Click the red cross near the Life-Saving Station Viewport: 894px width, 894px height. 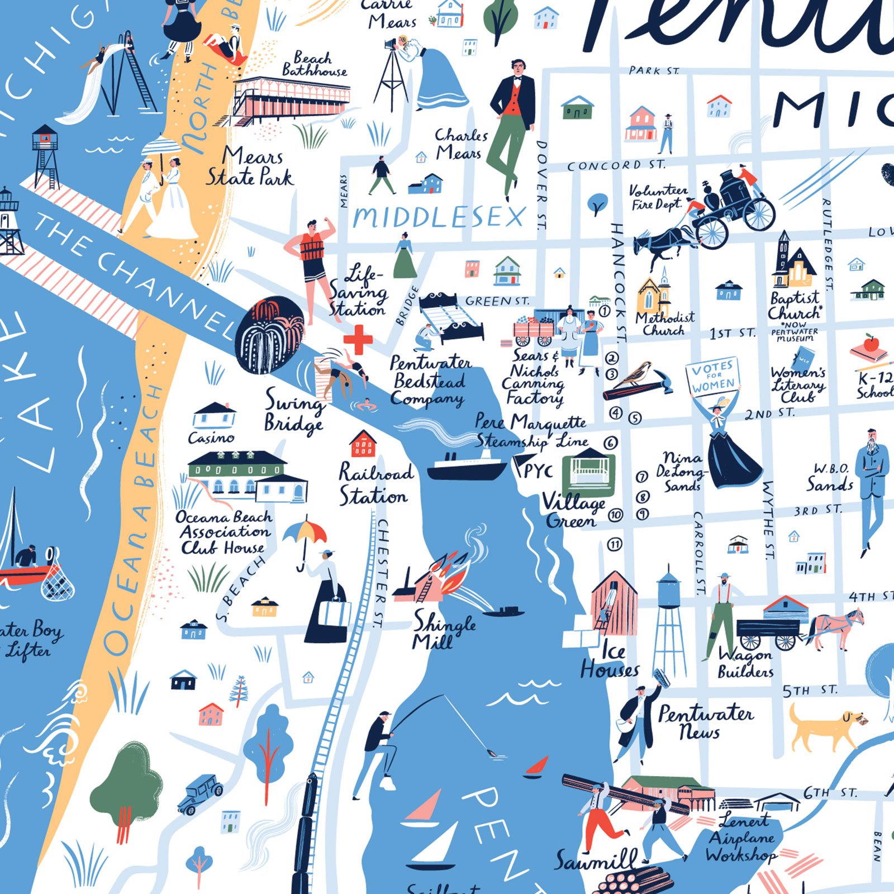(x=358, y=340)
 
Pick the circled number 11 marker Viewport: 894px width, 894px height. (x=615, y=544)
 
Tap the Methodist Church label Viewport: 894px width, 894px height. (x=664, y=324)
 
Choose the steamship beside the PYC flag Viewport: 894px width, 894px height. (x=467, y=466)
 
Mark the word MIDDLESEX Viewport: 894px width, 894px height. (x=439, y=217)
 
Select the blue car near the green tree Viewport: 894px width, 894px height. (x=200, y=793)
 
